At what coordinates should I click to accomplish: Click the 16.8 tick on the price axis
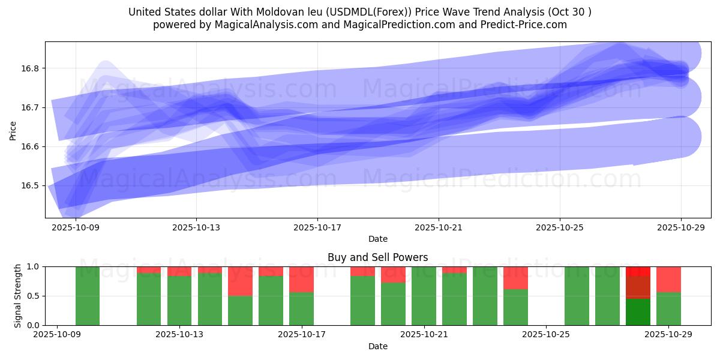point(31,68)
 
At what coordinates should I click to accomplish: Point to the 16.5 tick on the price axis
point(31,185)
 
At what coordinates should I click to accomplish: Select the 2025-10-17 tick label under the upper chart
point(317,228)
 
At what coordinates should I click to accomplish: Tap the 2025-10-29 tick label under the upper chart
point(681,228)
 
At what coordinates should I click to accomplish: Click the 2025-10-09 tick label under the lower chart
point(57,335)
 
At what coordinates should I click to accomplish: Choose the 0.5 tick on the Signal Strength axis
point(34,296)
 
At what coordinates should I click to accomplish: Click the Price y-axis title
point(13,130)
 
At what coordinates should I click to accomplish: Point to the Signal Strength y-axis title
point(18,295)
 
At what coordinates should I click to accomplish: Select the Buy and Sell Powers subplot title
point(378,257)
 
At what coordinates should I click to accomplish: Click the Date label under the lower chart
point(378,346)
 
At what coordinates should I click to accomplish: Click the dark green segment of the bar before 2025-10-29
point(638,312)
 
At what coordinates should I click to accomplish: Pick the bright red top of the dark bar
point(638,271)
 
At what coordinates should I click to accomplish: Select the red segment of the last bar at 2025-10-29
point(668,279)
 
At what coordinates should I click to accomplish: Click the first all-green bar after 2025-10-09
point(88,296)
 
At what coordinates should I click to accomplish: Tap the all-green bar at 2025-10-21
point(424,296)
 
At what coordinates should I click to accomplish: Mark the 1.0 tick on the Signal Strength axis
point(34,266)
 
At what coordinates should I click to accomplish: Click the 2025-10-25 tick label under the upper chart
point(560,228)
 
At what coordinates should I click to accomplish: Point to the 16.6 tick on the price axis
point(31,146)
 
